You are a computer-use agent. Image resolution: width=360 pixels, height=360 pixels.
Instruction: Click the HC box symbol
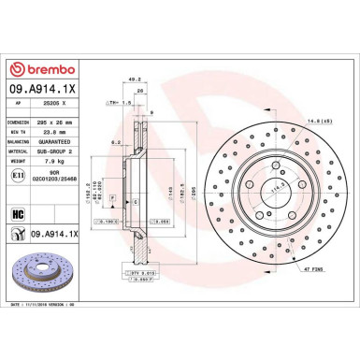(18, 213)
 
